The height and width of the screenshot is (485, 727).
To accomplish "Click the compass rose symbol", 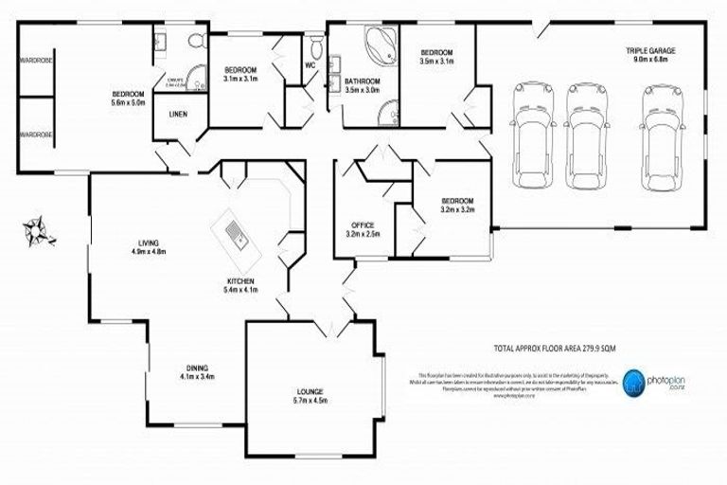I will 39,229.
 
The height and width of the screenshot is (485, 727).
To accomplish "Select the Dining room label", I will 197,368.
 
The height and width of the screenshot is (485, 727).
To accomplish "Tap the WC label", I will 310,65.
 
